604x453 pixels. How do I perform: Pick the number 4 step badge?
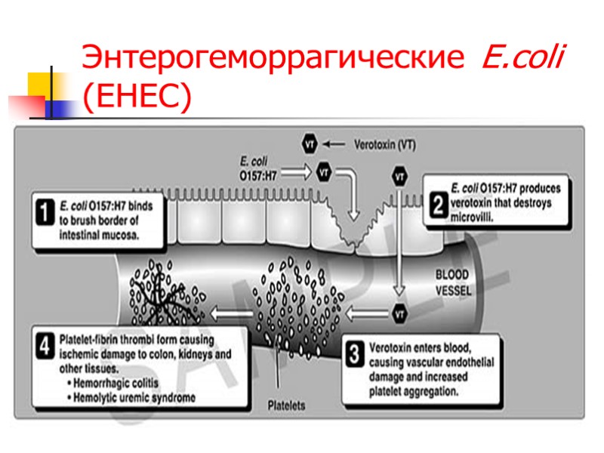[x=47, y=348]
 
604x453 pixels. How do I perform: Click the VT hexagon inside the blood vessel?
[x=400, y=313]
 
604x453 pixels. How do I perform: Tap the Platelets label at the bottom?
[x=287, y=405]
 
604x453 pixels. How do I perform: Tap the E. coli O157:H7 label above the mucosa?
[x=258, y=166]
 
